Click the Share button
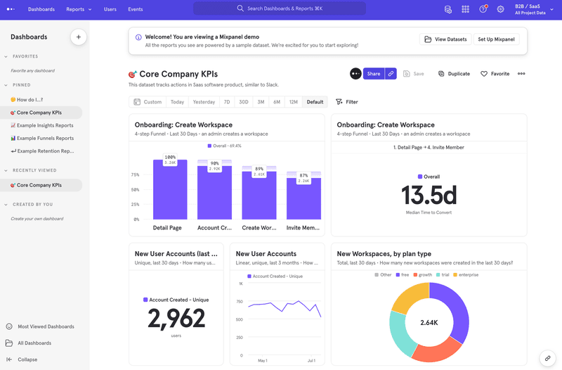coord(373,74)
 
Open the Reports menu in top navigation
coord(79,9)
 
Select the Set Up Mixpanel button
coord(496,39)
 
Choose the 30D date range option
coord(243,102)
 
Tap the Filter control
coord(347,102)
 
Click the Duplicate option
coord(454,74)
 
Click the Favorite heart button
coord(495,74)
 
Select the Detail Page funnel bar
coord(170,190)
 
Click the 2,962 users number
coord(176,319)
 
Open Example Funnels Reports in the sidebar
coord(45,139)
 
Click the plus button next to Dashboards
coord(78,37)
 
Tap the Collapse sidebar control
coord(27,359)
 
